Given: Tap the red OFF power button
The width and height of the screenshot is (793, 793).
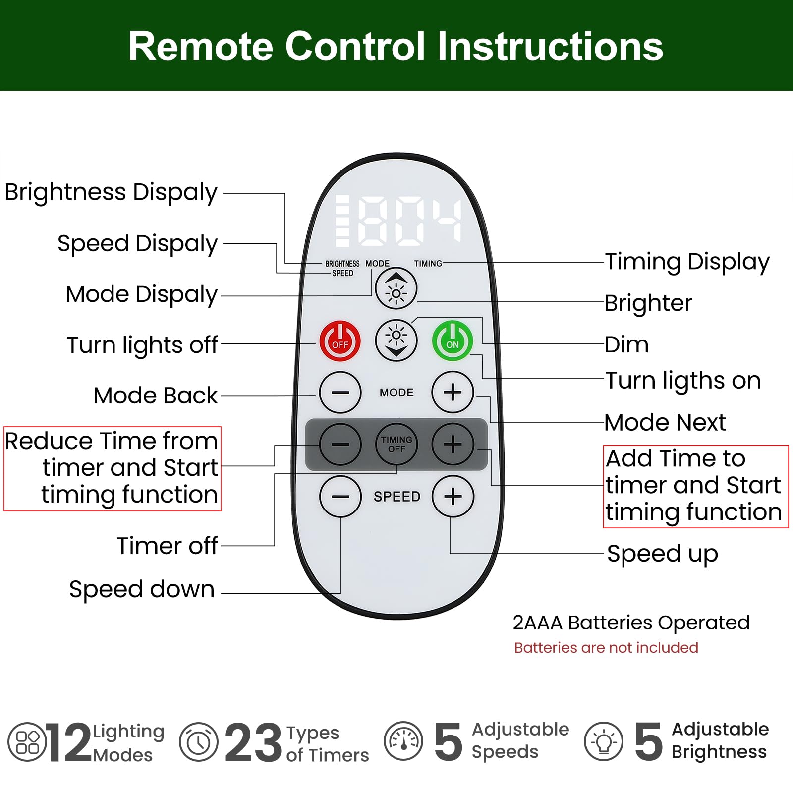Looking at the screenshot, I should [x=340, y=341].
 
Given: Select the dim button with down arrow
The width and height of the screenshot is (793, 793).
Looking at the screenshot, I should [x=396, y=340].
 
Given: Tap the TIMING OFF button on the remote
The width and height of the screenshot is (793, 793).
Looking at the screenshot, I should [x=396, y=444].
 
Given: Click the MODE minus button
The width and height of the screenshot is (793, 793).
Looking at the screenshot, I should [x=340, y=393].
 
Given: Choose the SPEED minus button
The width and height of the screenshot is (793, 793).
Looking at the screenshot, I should [x=340, y=497].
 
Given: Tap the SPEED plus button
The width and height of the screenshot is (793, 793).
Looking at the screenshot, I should [x=453, y=497].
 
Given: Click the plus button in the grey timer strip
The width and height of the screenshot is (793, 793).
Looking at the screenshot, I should [x=453, y=444].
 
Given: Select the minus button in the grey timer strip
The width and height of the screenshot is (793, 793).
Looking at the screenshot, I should [x=340, y=444].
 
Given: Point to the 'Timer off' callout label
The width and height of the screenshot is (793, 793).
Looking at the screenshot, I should [x=167, y=546].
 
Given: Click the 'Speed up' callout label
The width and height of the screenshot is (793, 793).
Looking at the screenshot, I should [x=663, y=554].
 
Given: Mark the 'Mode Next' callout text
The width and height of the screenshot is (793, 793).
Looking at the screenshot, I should [x=665, y=423].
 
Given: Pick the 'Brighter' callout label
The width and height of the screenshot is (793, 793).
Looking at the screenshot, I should [x=648, y=303].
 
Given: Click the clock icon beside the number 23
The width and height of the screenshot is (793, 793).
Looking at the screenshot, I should [x=199, y=742].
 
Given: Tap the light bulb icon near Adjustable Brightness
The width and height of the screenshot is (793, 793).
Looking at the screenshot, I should [x=604, y=742].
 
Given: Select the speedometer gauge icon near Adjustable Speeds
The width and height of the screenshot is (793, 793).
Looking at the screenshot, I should [x=403, y=741].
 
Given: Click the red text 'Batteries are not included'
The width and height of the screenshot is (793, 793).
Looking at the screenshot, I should [x=606, y=648].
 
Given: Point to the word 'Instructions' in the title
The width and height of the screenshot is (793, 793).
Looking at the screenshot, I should [x=550, y=46].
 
